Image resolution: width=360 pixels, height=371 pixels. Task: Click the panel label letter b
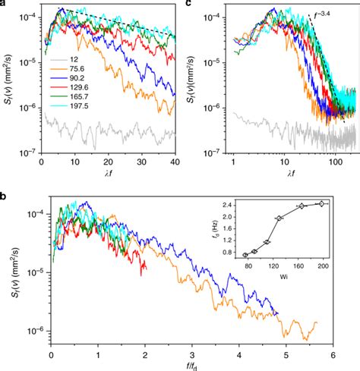[5, 190]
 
